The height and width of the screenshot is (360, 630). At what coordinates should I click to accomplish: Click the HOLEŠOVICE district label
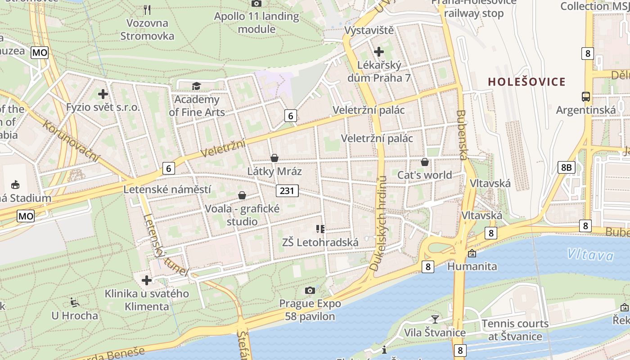pyautogui.click(x=526, y=82)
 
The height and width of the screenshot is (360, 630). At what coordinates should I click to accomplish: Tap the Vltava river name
pyautogui.click(x=590, y=255)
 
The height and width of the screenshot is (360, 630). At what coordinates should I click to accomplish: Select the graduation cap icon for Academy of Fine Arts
pyautogui.click(x=196, y=86)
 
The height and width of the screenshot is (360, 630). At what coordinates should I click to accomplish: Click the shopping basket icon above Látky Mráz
pyautogui.click(x=274, y=158)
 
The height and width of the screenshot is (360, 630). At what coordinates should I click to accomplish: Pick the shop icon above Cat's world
pyautogui.click(x=424, y=162)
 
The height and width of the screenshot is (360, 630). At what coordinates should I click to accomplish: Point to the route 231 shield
pyautogui.click(x=287, y=191)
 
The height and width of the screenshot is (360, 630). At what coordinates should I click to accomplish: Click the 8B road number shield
pyautogui.click(x=566, y=167)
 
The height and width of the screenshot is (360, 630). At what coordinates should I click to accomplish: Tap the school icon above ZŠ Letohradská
pyautogui.click(x=320, y=229)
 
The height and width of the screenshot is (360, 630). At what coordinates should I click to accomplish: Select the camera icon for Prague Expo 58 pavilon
pyautogui.click(x=310, y=290)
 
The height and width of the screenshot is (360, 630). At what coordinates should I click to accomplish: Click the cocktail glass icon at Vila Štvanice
pyautogui.click(x=435, y=319)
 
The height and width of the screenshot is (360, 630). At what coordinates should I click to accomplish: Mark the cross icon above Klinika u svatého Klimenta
pyautogui.click(x=147, y=280)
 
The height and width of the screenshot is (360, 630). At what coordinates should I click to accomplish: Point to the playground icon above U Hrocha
pyautogui.click(x=75, y=302)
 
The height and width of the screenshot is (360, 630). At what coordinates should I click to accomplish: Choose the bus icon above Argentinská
pyautogui.click(x=586, y=96)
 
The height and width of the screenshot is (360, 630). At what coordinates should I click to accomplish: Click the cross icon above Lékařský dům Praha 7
pyautogui.click(x=378, y=52)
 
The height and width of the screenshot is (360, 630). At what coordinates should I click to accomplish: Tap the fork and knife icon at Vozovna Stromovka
pyautogui.click(x=147, y=9)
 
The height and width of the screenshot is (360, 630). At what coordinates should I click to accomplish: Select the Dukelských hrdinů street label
pyautogui.click(x=378, y=224)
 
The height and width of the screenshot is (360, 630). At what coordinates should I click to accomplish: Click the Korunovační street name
pyautogui.click(x=71, y=140)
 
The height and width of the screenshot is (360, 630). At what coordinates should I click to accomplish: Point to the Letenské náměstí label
pyautogui.click(x=167, y=189)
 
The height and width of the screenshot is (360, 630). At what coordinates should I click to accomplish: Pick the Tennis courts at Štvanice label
pyautogui.click(x=515, y=330)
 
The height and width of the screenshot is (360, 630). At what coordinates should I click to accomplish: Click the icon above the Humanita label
pyautogui.click(x=472, y=253)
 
